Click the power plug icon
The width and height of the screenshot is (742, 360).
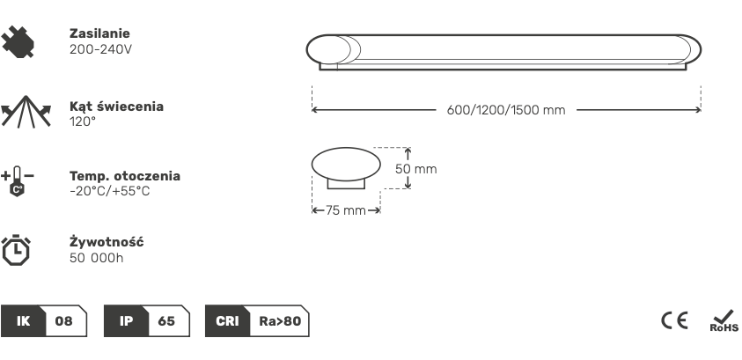18,41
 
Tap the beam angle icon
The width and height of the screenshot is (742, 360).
26,112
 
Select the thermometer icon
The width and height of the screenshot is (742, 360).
17,181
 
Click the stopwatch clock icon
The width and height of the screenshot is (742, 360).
16,249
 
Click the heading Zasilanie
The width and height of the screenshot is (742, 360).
99,33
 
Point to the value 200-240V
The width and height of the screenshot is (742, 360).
100,49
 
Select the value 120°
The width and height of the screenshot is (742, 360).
83,121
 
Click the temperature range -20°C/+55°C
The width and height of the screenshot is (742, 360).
109,191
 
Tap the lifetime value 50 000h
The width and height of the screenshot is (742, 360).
96,258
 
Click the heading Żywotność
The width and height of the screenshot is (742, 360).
107,241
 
